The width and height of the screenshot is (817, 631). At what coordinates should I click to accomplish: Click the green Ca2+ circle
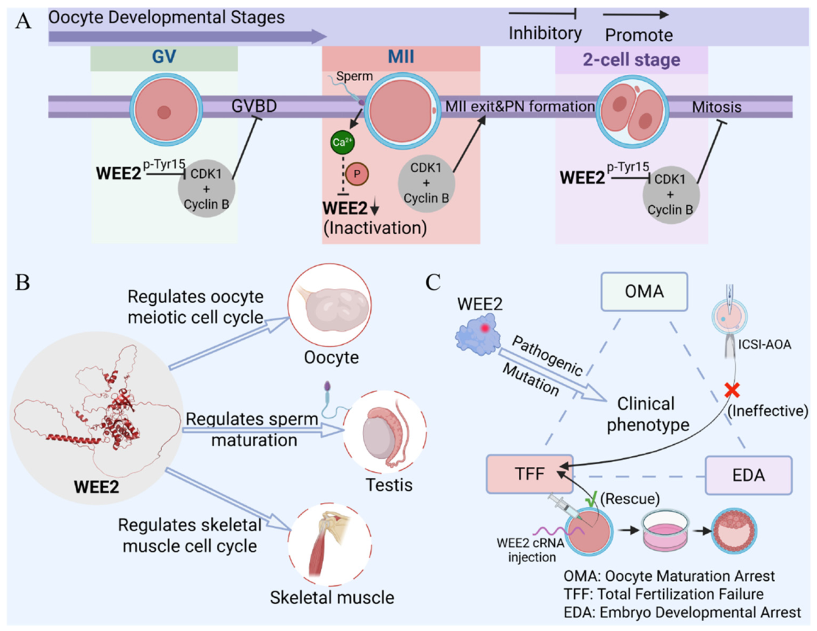coord(342,142)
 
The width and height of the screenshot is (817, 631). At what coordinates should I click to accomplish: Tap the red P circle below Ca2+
coord(357,174)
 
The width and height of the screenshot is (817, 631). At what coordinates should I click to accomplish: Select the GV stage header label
coord(164,56)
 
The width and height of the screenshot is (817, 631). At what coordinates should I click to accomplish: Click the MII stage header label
coord(400,56)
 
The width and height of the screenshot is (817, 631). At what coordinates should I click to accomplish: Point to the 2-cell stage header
coord(632,60)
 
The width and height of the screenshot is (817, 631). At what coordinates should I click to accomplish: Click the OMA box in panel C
coord(644,291)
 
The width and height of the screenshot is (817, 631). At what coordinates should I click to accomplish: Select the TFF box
coord(530,474)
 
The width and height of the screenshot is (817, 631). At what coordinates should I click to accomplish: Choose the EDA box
coord(749,475)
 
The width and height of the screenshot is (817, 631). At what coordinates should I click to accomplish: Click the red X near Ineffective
coord(732,390)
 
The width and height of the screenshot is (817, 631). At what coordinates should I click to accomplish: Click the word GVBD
coord(254,106)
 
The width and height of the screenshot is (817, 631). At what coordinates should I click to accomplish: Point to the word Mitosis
coord(716,107)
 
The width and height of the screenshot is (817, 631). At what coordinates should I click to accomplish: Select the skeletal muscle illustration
coord(330,544)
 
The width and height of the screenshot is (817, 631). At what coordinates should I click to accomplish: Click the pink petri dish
coord(665,531)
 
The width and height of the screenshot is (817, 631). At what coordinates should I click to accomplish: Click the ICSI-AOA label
coord(765,344)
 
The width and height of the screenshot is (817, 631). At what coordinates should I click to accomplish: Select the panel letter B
coord(22,282)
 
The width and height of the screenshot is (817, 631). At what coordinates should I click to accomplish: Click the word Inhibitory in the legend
coord(545,33)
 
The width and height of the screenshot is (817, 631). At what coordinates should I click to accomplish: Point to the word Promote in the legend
coord(639,35)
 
